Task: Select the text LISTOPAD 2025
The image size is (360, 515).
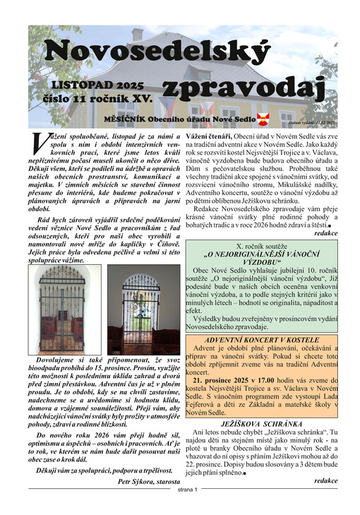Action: [x=102, y=85]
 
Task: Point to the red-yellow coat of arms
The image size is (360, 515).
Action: [x=263, y=119]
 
